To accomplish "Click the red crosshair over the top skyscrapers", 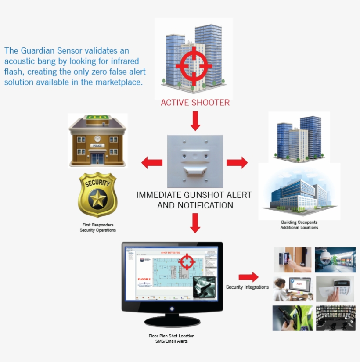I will tap(194, 67).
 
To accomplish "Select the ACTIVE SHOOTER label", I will tap(195, 103).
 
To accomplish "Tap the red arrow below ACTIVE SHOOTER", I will tap(195, 121).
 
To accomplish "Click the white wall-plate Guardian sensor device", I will tap(195, 161).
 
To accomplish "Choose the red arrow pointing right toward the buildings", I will tap(237, 162).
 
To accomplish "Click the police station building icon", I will tap(97, 140).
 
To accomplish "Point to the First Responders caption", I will tap(97, 225).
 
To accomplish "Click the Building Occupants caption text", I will tap(299, 222).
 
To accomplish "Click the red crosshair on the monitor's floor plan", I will tap(187, 262).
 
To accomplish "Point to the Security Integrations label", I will tap(247, 287).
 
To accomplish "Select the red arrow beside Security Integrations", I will tap(248, 277).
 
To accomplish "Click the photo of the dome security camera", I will tap(335, 260).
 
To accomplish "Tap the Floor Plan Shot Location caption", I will tap(171, 336).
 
